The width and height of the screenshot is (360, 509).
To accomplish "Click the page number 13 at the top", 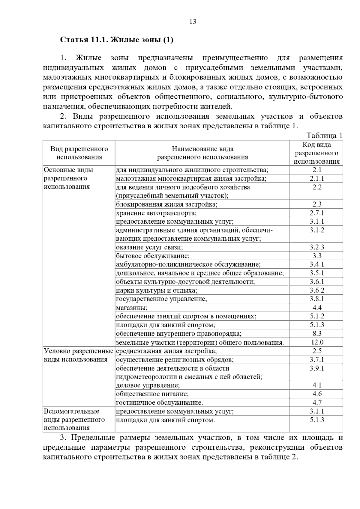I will pos(193,22).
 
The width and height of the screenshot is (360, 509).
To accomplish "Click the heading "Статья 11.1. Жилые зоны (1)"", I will pos(117,40).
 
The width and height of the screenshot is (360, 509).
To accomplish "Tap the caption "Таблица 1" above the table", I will pos(325,135).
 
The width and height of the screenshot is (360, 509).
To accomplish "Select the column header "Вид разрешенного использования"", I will pos(79,153).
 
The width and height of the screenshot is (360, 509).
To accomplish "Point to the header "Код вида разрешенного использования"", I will pos(317,153).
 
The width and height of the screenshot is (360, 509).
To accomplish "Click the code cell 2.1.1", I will pos(317,179).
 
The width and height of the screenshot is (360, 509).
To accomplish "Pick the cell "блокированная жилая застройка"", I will pos(167,204).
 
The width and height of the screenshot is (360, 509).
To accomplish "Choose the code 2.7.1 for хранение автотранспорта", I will pos(317,213).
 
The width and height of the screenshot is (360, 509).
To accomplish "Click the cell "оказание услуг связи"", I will pos(149,247).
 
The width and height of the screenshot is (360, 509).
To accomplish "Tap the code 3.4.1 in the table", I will pos(317,264).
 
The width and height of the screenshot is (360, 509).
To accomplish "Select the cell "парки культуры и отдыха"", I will pos(157,290).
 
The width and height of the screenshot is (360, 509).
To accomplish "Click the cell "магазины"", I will pos(132,308).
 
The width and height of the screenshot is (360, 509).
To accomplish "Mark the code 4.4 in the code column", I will pos(317,308).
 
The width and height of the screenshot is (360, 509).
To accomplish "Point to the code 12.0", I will pos(317,342).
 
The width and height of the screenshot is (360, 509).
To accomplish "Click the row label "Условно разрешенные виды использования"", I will pos(79,355).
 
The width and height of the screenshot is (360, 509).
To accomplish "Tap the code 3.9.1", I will pos(317,368).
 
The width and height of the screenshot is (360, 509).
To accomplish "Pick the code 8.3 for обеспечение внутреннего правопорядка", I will pos(317,334).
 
